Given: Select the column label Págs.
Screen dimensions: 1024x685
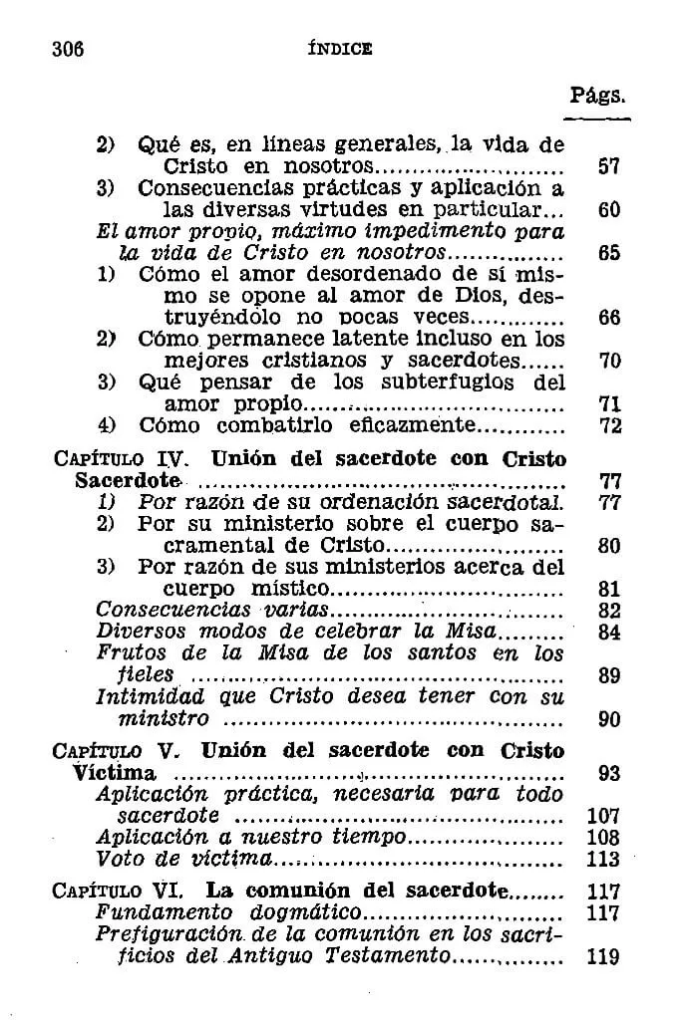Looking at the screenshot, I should point(597,96).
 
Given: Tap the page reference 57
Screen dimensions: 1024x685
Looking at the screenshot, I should point(608,166).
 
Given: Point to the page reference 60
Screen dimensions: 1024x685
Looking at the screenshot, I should point(608,210).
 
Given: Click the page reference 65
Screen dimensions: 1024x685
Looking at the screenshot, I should point(608,253).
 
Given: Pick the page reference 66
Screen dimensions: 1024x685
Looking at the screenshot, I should point(608,318).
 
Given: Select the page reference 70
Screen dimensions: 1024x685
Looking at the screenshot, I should point(608,362).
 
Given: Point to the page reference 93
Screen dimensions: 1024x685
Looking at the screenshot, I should point(608,773).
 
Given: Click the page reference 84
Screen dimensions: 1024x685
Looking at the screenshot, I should point(608,633).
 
